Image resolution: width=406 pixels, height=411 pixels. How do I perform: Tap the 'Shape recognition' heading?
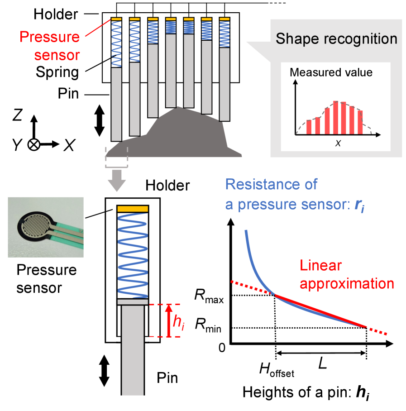[336, 38]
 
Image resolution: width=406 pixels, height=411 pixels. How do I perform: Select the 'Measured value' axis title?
[331, 72]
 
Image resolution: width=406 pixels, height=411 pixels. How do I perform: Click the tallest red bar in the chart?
[335, 118]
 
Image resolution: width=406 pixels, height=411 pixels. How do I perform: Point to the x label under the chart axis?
[338, 143]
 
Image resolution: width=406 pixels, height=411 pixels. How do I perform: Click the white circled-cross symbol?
[34, 145]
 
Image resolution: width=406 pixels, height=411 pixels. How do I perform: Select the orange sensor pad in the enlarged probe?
[133, 209]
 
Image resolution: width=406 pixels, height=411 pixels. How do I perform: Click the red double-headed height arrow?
[168, 320]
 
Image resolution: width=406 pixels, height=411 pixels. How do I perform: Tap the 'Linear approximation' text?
[346, 275]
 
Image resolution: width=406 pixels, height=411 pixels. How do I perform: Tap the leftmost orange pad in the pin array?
[116, 19]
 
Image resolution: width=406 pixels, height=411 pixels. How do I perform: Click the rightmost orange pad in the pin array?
[225, 19]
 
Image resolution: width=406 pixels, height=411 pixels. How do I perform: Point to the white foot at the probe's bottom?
[132, 399]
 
